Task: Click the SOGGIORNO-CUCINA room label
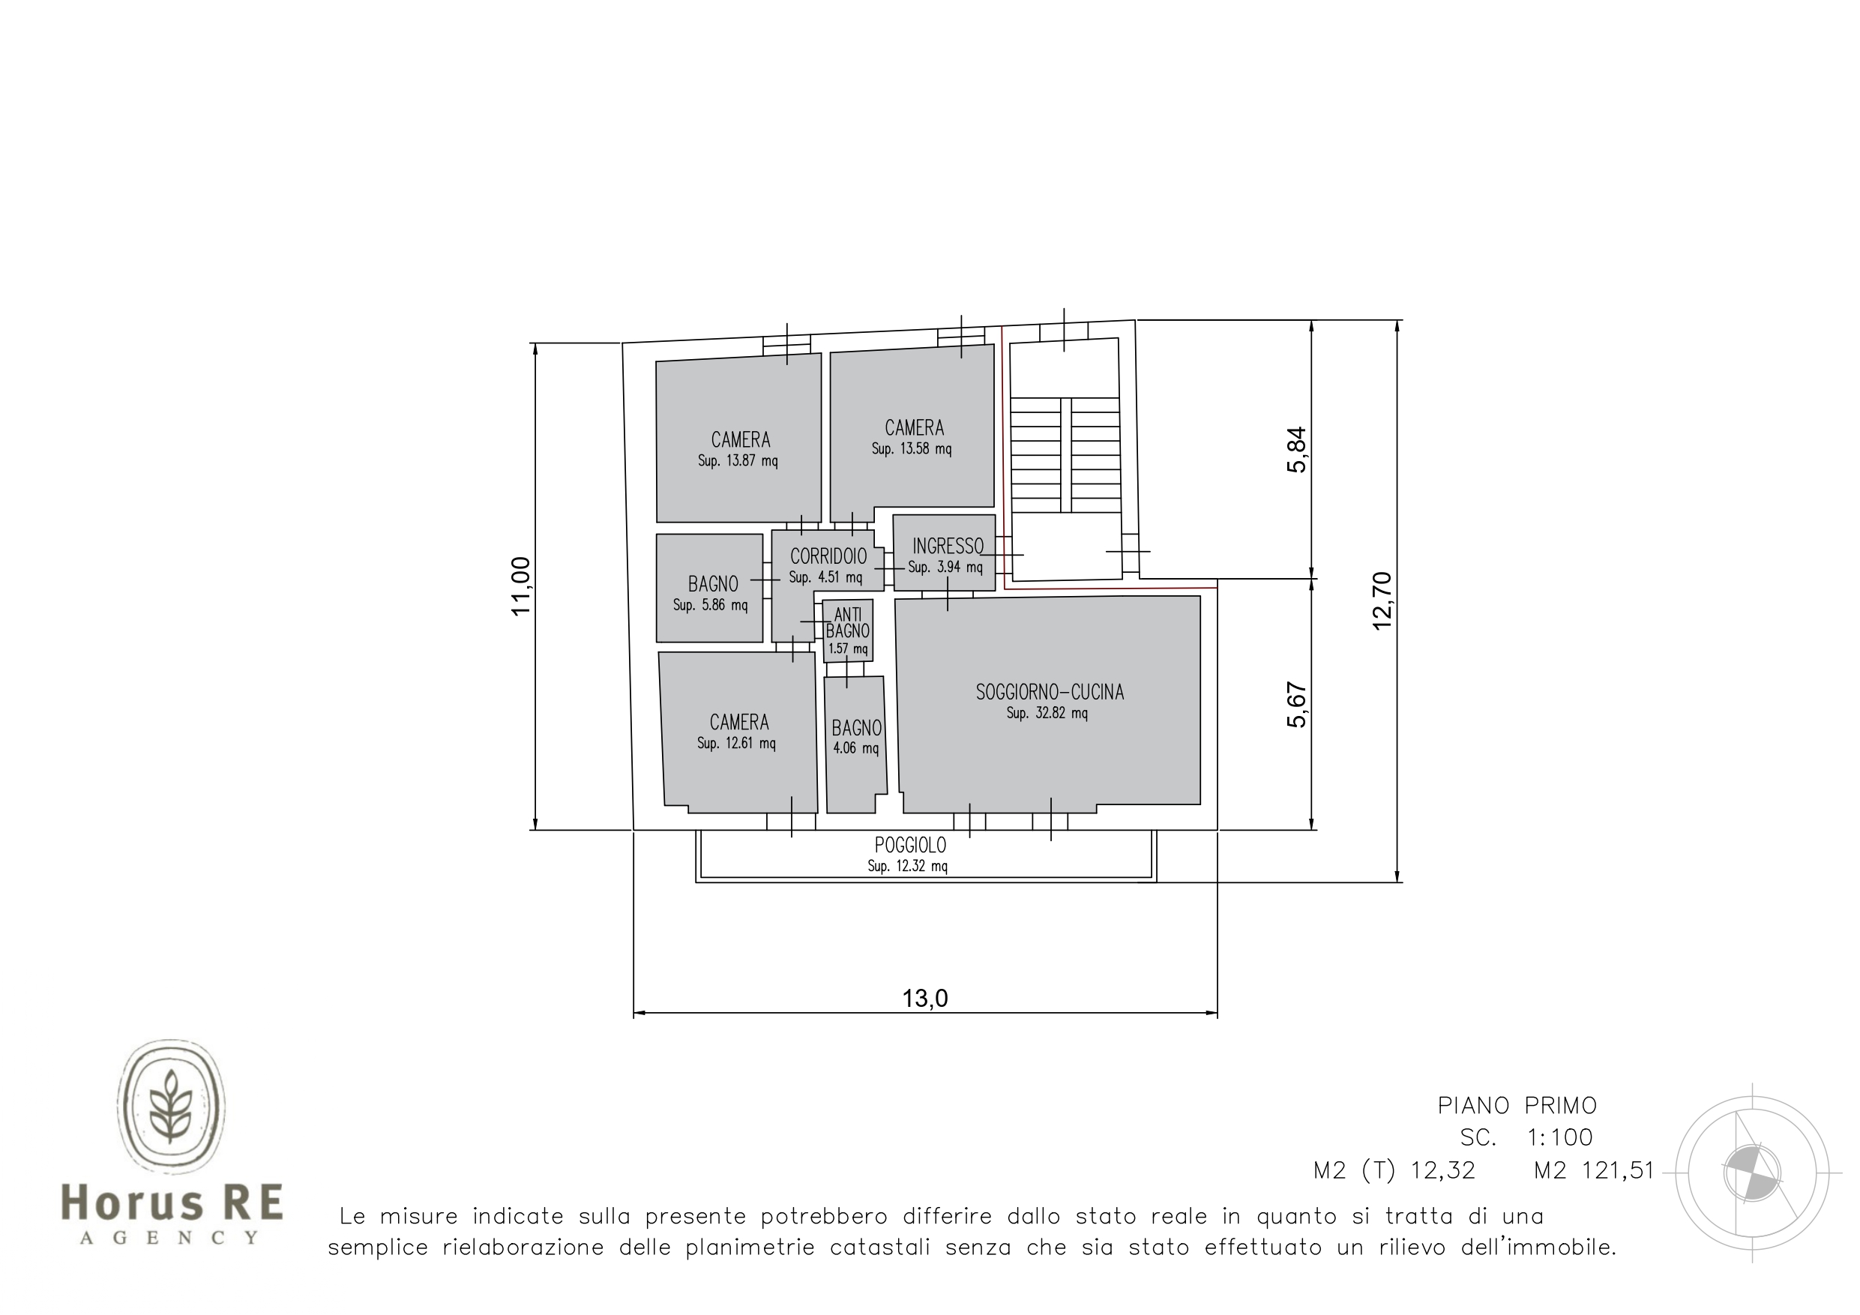coord(1050,692)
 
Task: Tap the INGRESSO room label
coord(948,546)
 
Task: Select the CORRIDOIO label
coord(828,556)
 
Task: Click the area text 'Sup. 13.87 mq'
coord(738,462)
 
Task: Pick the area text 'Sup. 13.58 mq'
coord(912,449)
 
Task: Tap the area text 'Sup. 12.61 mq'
coord(736,744)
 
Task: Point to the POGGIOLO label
coord(911,845)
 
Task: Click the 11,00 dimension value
coord(521,586)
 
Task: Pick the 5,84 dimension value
coord(1297,450)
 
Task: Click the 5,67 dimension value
coord(1297,705)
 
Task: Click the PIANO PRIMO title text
coord(1517,1105)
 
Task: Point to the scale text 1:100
coord(1560,1137)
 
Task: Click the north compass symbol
coord(1752,1173)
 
